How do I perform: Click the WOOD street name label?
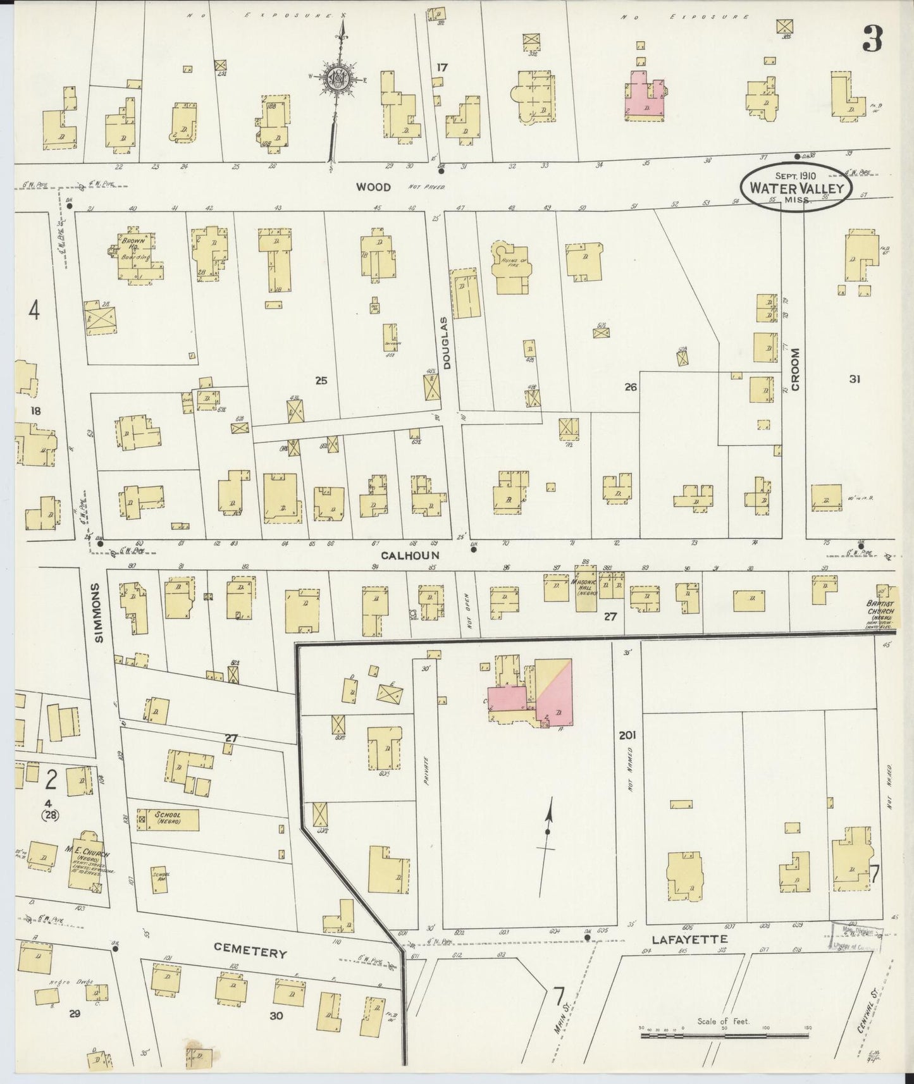point(373,187)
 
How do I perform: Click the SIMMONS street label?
point(100,612)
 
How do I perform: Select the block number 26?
point(630,386)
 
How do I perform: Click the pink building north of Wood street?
point(645,97)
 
